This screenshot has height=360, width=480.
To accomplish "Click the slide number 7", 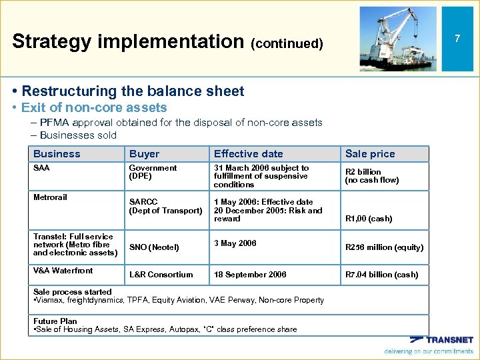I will (x=457, y=39).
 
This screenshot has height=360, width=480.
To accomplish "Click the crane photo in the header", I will (x=398, y=39).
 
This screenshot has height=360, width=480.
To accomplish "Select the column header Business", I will (x=57, y=154).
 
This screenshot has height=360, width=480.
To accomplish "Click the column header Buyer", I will (x=144, y=154).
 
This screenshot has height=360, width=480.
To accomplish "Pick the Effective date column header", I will (x=248, y=154).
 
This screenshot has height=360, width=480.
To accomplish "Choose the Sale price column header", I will (x=369, y=154).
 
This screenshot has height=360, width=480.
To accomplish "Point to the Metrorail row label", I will (x=50, y=197).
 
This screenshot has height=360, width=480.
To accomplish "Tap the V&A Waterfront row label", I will (x=63, y=270).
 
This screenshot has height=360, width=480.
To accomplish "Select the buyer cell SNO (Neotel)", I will (x=154, y=247).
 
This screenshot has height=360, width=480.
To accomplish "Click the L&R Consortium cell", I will (x=161, y=275).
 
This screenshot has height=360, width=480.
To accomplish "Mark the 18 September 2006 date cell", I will (x=249, y=275).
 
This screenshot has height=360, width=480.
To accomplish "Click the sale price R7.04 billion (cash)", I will (x=381, y=275).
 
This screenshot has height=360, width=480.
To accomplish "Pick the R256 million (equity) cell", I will (x=383, y=247).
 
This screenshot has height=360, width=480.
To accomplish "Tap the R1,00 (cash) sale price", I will (x=368, y=219).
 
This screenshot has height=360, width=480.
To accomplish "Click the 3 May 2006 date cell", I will (x=235, y=243).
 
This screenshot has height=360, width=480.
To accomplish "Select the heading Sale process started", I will (x=73, y=292).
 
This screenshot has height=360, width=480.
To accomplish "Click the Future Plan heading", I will (x=55, y=321).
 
